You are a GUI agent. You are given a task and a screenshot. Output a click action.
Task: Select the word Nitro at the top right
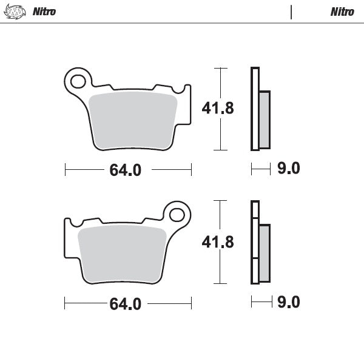click(343, 12)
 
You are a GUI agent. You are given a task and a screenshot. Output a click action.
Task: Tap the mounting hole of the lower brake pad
click(177, 214)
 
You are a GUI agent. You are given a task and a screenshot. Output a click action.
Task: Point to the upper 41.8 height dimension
click(217, 109)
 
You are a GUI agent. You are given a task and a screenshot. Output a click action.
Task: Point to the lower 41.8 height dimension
click(217, 242)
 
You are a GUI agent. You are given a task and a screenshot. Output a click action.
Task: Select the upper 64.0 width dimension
click(126, 170)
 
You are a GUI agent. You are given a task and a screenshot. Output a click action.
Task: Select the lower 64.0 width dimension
click(126, 304)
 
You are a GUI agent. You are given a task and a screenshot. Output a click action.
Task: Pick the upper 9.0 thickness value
click(288, 169)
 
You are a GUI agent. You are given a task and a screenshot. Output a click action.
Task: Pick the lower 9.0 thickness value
click(288, 302)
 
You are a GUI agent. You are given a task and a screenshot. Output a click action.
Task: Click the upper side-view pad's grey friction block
click(265, 120)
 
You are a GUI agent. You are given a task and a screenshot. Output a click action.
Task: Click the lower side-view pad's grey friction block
click(265, 253)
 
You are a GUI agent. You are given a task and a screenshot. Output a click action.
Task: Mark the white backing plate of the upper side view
click(255, 109)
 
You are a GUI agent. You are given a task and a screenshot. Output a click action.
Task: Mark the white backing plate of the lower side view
click(255, 242)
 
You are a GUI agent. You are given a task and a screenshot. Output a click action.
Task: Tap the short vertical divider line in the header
click(291, 12)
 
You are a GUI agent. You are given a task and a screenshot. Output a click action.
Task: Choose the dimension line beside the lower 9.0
click(261, 302)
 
